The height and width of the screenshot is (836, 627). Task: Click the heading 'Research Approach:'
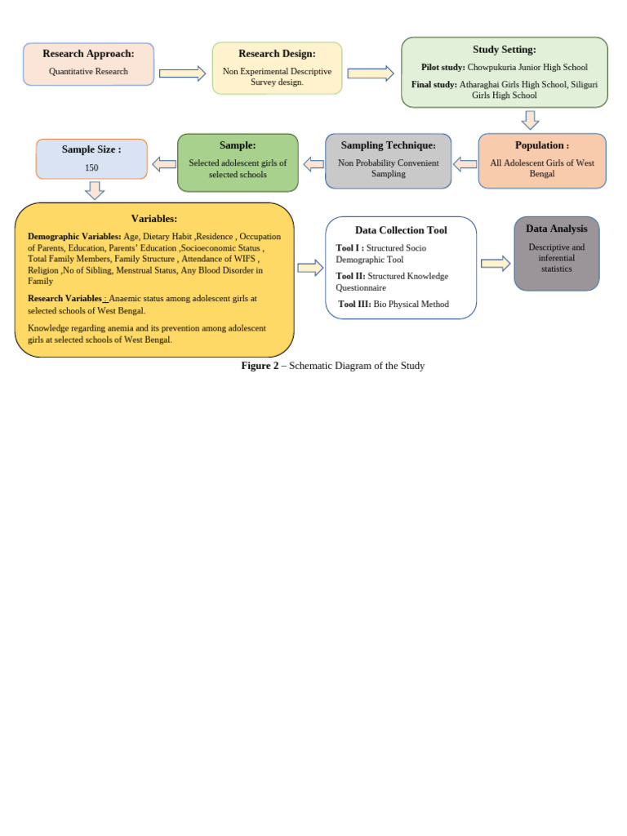click(x=88, y=54)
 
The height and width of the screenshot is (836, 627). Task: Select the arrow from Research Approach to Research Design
click(x=182, y=73)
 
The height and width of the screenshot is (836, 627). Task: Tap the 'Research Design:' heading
click(x=277, y=54)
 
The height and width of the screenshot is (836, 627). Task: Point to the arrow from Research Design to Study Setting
click(x=371, y=73)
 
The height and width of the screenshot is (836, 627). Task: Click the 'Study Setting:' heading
click(x=505, y=50)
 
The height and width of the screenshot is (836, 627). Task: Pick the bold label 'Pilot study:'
click(x=443, y=68)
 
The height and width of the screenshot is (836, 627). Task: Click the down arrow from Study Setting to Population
click(x=530, y=120)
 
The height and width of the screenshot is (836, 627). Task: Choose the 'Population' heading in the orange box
click(x=540, y=145)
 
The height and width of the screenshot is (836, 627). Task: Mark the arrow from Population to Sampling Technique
click(x=465, y=164)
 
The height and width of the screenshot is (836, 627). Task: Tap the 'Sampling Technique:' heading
click(x=389, y=145)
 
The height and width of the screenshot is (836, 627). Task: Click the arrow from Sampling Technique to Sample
click(x=313, y=164)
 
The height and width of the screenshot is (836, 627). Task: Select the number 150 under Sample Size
click(x=91, y=167)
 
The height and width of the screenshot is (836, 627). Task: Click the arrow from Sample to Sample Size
click(x=164, y=164)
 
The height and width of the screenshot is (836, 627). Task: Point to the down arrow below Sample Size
click(x=95, y=190)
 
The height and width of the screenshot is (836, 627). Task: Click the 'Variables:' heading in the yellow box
click(x=154, y=219)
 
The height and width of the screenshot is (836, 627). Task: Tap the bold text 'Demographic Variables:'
click(x=74, y=237)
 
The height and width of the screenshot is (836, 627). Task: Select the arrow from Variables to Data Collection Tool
click(x=310, y=268)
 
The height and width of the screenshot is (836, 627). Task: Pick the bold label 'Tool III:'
click(x=354, y=305)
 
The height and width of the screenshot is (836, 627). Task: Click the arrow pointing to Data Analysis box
click(x=496, y=263)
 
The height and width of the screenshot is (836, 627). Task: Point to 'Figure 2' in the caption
click(x=260, y=366)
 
